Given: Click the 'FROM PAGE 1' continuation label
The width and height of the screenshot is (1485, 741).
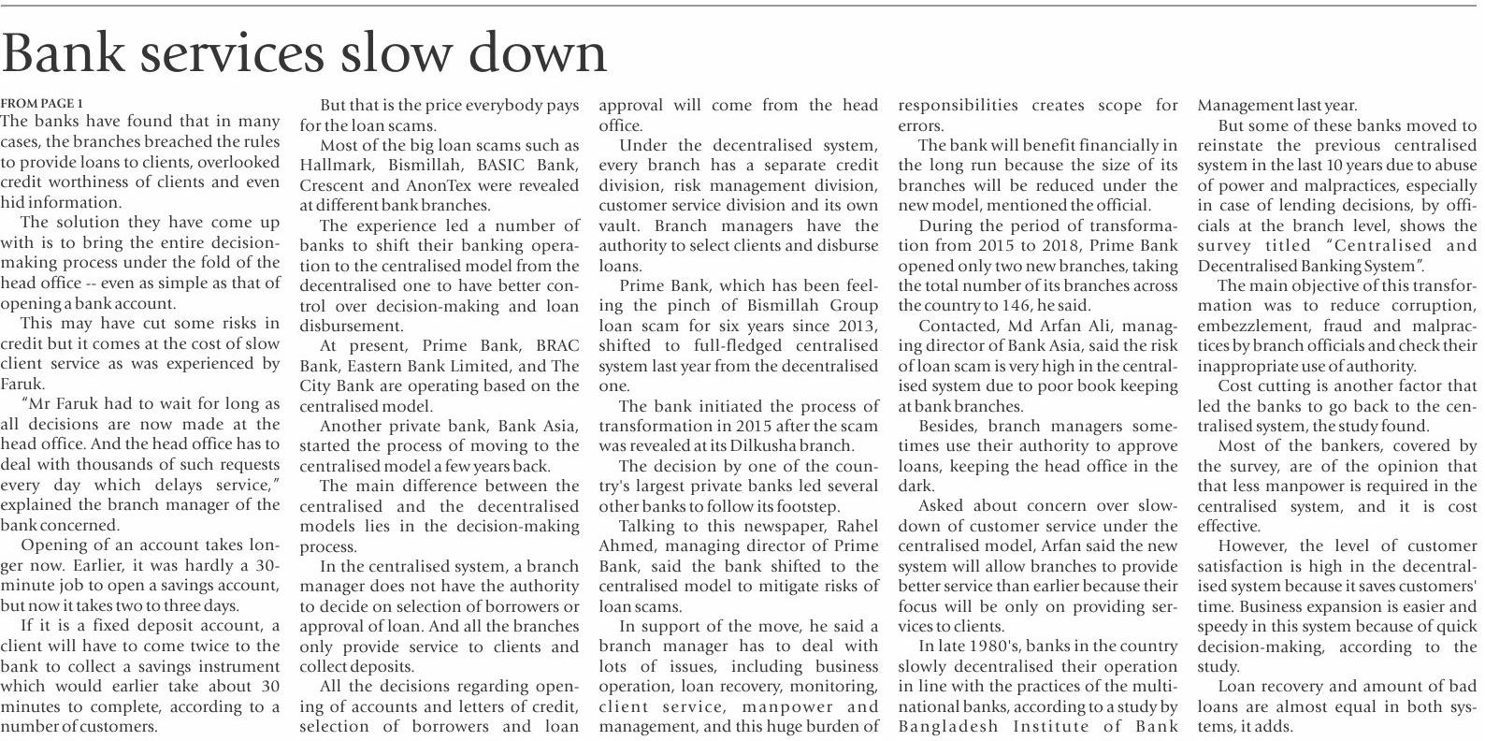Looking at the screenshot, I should coord(42,103).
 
